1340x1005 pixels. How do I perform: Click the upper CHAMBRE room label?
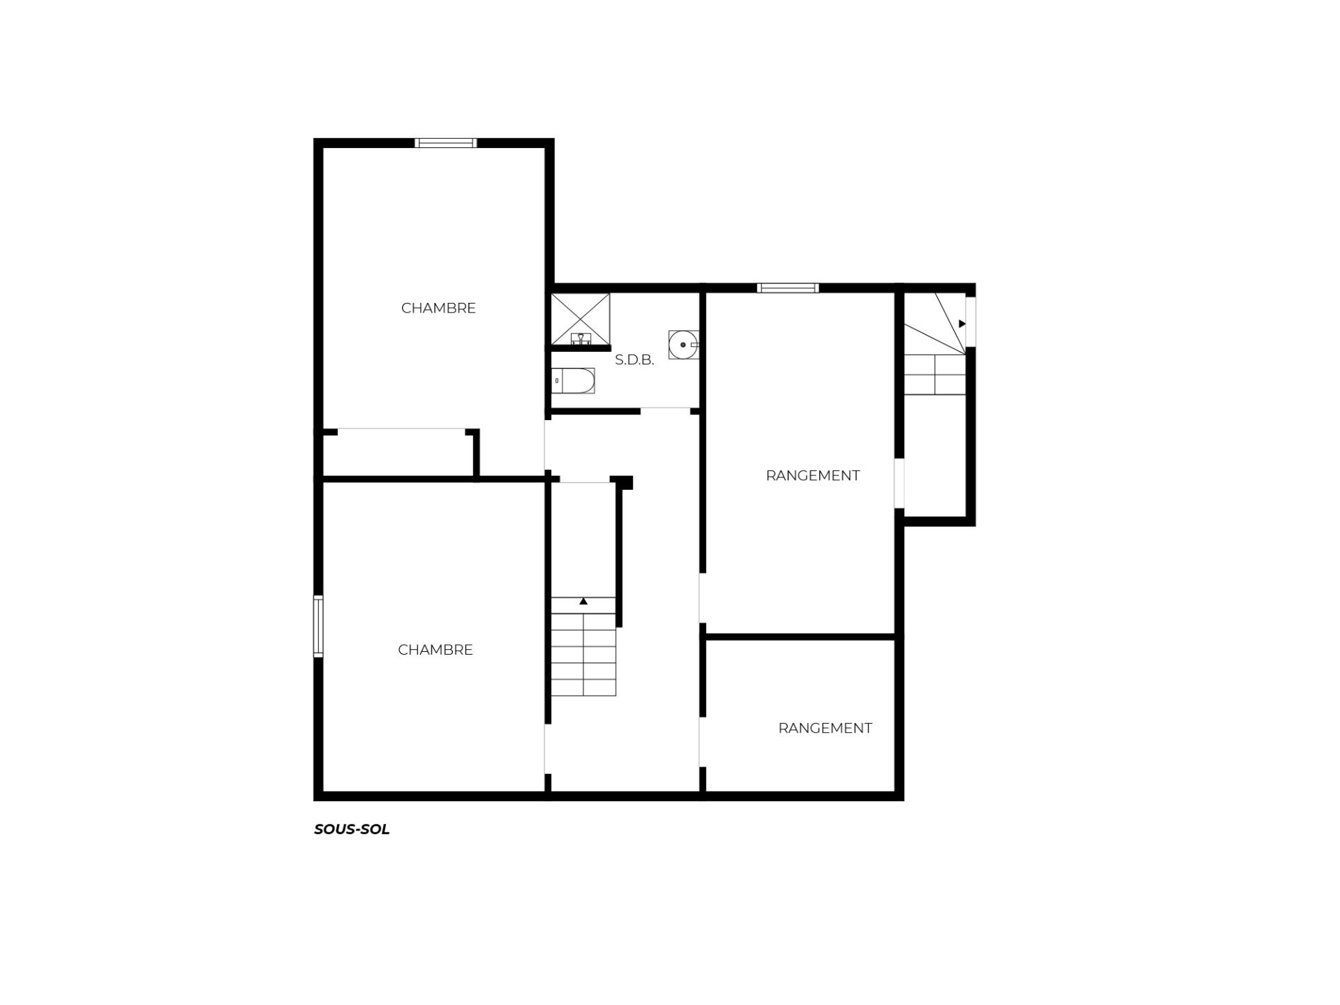tap(438, 308)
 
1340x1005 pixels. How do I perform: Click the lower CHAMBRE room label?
tap(435, 650)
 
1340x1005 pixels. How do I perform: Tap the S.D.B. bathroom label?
tap(634, 360)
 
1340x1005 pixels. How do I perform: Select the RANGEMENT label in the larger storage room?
tap(812, 475)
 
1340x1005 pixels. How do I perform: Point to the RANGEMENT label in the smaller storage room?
tap(825, 728)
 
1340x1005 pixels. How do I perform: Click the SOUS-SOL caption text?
tap(352, 829)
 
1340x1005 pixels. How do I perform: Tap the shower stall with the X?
tap(581, 319)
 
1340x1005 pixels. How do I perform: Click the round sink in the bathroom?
tap(683, 345)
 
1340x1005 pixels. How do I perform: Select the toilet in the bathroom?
tap(573, 381)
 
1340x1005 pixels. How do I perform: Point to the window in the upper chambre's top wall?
tap(446, 143)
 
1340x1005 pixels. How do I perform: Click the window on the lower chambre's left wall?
tap(318, 626)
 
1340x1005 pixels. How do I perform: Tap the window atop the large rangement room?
tap(788, 288)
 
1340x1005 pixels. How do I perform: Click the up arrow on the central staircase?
tap(583, 601)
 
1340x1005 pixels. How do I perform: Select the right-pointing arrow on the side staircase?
tap(962, 324)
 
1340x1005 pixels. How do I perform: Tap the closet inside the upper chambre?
tap(401, 454)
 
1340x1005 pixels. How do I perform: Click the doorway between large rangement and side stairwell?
tap(900, 483)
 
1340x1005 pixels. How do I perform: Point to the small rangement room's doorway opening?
tap(703, 742)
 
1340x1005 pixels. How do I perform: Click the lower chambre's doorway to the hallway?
tap(548, 749)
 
